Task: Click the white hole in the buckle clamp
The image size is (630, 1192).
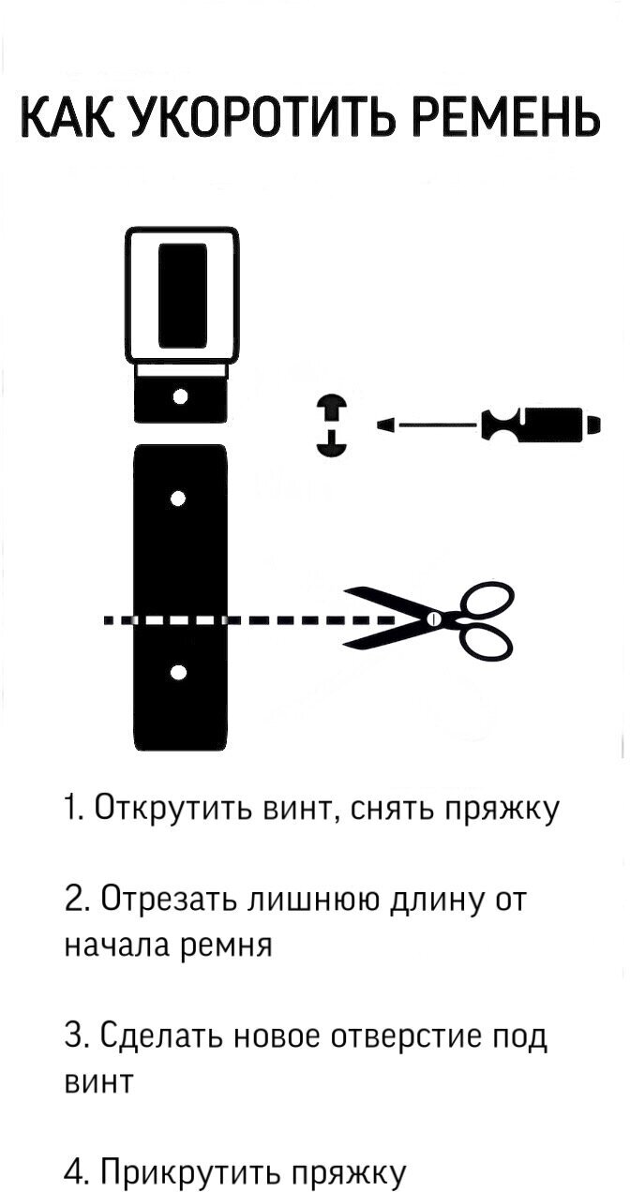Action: pyautogui.click(x=181, y=396)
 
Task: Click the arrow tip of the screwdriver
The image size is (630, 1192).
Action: pyautogui.click(x=383, y=426)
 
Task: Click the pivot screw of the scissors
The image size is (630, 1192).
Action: pyautogui.click(x=432, y=619)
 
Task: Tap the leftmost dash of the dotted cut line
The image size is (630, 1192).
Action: pyautogui.click(x=111, y=619)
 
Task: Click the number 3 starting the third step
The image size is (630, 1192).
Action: pyautogui.click(x=74, y=1037)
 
